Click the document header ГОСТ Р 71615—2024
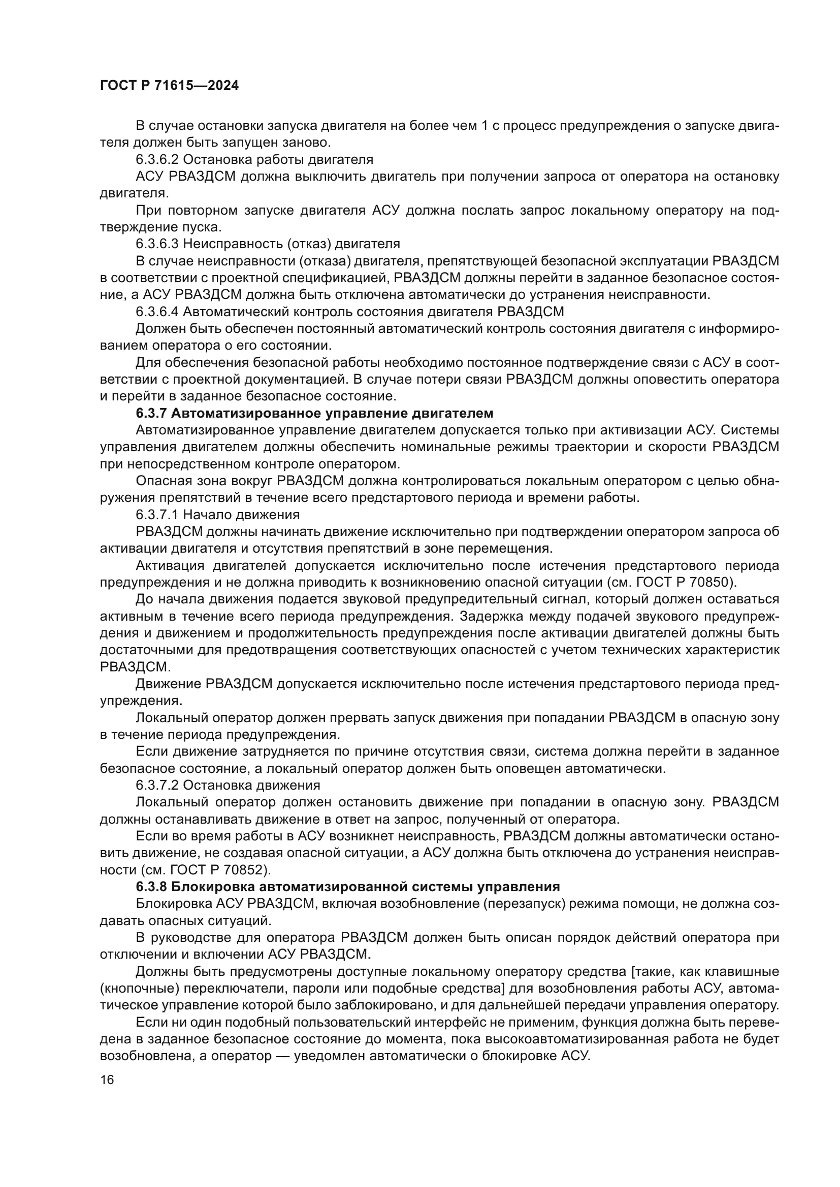169,86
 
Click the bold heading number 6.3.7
151,414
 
